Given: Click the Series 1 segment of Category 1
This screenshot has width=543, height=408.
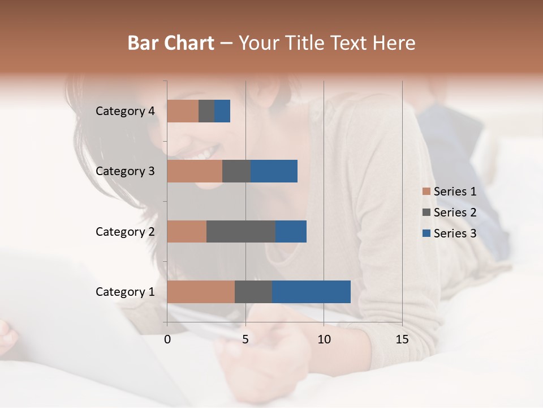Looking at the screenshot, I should click(x=201, y=291).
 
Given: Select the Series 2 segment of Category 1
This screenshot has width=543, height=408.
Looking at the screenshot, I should click(x=253, y=291).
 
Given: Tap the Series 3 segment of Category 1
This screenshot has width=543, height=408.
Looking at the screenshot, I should click(x=311, y=291).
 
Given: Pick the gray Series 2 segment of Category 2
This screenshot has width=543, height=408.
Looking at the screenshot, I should click(x=241, y=231).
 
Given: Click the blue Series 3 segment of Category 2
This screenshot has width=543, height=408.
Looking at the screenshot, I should click(x=291, y=231).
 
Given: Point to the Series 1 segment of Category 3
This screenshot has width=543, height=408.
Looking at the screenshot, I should click(x=195, y=171).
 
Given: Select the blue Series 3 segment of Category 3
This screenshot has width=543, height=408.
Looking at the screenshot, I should click(x=274, y=171).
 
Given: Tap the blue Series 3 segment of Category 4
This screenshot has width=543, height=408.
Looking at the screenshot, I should click(x=222, y=111).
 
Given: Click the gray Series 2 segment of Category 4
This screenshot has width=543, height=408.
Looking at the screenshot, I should click(x=206, y=111).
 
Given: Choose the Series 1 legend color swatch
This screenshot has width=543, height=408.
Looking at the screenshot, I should click(x=426, y=192).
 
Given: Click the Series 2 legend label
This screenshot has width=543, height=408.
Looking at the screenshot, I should click(x=455, y=212).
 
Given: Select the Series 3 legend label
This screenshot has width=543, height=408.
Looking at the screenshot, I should click(x=455, y=233).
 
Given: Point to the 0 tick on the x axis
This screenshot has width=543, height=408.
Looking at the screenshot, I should click(x=167, y=339).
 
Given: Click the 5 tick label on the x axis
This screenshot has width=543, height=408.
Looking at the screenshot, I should click(x=245, y=339).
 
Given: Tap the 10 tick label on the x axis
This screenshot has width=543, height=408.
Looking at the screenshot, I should click(x=324, y=339).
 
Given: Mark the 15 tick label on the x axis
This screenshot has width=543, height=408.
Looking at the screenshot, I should click(x=402, y=339).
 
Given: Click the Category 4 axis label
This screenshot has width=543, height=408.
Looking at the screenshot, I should click(x=125, y=111).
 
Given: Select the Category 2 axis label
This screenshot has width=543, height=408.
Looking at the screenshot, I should click(x=125, y=231).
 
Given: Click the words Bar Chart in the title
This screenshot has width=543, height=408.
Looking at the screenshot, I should click(x=171, y=43).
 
